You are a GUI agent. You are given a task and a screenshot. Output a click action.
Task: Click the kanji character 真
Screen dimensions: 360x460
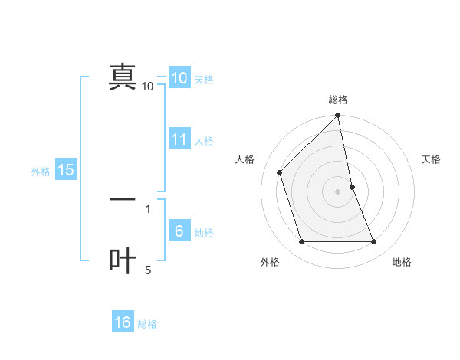[123, 77]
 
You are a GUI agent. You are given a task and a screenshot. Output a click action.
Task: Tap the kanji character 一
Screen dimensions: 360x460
[123, 199]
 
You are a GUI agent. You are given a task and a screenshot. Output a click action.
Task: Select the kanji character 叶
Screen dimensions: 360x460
[123, 260]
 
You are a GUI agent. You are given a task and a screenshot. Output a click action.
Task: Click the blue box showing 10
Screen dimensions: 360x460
[179, 78]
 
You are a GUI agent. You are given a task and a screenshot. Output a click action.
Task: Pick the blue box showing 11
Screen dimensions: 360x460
[179, 139]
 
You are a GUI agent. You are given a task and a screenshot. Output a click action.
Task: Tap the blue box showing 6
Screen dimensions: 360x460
[179, 231]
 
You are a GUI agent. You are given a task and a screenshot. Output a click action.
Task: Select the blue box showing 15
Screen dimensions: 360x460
[66, 170]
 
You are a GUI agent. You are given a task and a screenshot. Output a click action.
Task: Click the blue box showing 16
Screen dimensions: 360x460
[123, 322]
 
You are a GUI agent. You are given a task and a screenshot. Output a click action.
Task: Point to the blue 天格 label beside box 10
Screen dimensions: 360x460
[203, 80]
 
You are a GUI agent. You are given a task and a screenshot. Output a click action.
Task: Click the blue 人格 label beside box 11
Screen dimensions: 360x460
[204, 141]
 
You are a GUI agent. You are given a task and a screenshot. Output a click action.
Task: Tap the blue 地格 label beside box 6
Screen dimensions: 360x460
[204, 233]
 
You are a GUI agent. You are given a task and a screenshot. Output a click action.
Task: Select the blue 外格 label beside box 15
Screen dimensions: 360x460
[41, 172]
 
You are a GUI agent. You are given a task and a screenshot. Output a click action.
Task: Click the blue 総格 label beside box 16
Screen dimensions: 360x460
[147, 324]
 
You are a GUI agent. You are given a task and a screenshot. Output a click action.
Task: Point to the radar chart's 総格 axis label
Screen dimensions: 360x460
[338, 100]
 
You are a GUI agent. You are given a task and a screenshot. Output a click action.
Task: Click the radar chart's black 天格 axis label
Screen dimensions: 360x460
[432, 159]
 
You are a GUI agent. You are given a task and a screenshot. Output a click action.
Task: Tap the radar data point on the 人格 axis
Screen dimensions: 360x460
[280, 172]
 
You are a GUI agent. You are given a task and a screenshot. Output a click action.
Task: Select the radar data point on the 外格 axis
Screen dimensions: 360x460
[302, 242]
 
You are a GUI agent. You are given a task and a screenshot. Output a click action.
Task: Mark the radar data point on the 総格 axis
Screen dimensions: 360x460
[338, 116]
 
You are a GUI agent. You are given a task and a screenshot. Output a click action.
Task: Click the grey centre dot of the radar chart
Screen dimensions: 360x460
[338, 191]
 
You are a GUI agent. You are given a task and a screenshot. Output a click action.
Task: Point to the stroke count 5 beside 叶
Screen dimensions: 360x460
[148, 270]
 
